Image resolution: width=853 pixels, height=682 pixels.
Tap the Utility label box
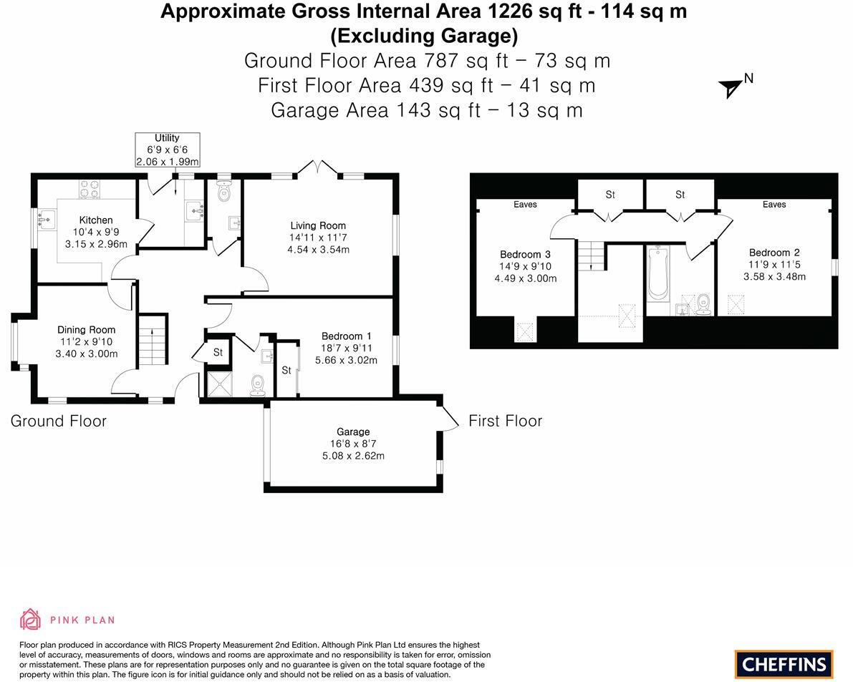coord(167,150)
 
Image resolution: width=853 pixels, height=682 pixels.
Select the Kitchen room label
coord(96,220)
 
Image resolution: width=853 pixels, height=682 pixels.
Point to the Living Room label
coord(318,225)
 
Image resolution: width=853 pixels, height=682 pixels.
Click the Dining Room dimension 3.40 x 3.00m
coord(86,354)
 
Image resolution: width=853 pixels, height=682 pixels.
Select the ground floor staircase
coord(152,340)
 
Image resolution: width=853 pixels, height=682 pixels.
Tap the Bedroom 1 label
coord(346,336)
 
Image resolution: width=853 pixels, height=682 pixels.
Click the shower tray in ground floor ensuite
coord(220,384)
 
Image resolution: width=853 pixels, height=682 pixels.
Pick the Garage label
coord(353,432)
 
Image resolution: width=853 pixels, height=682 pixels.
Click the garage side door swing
coord(450,418)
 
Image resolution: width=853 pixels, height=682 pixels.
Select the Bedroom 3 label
coord(525,255)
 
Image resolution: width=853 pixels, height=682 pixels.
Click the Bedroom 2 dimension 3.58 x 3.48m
coord(774,277)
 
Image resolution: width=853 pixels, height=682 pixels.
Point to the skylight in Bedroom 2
coord(736,304)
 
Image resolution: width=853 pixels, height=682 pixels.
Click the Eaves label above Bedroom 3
coord(525,205)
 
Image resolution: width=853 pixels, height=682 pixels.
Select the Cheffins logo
coord(784,664)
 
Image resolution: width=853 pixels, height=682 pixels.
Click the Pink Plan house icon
coord(30,619)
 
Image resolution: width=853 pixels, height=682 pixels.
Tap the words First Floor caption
coord(505,421)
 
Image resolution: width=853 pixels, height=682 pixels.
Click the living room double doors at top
coord(318,168)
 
